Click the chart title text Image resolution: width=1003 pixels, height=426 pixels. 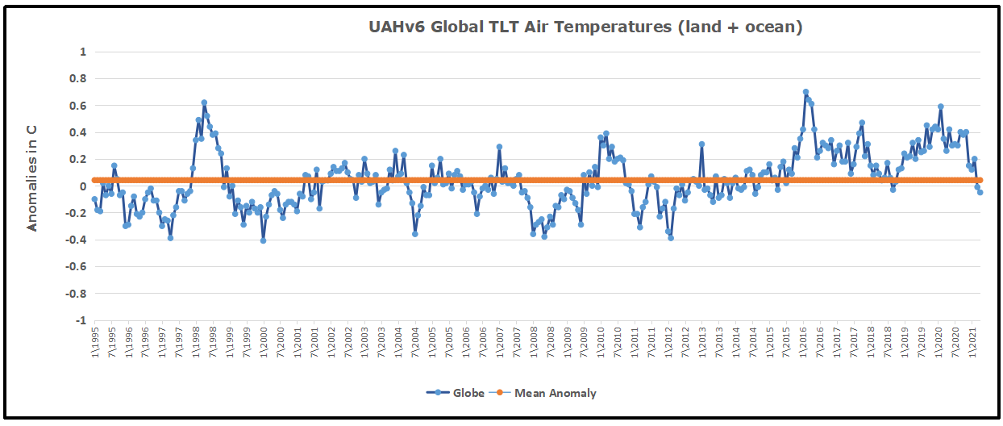tap(585, 27)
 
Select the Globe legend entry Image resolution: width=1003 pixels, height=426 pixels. tap(456, 393)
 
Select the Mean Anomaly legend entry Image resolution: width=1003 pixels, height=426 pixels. tap(552, 393)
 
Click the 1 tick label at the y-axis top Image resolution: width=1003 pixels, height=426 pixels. tap(82, 52)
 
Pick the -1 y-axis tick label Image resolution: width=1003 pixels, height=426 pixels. tap(79, 320)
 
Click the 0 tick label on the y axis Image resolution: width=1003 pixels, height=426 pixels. tap(82, 186)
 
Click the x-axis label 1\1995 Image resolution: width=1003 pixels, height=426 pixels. tap(94, 343)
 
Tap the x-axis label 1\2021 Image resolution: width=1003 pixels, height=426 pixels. tap(973, 343)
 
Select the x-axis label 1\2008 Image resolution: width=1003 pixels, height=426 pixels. tap(534, 343)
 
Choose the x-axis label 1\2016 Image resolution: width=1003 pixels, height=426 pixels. tap(804, 343)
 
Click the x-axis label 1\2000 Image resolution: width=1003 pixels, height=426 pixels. tap(264, 343)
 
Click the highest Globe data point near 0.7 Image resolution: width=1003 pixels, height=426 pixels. tap(805, 92)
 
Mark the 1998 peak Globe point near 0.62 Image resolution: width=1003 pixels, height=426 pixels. tap(204, 102)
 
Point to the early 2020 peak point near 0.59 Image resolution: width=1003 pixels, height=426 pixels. tap(941, 106)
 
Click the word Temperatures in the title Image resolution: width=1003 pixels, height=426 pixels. tap(622, 27)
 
